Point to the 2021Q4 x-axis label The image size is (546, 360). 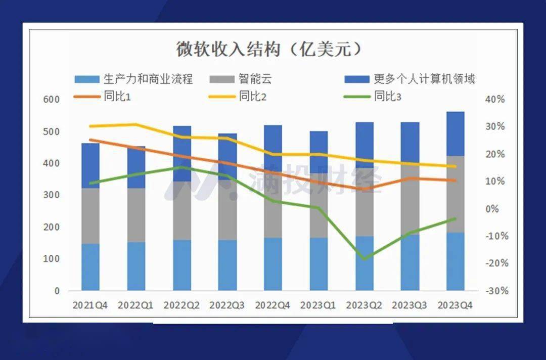point(90,305)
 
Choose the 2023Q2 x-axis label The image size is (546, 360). point(364,305)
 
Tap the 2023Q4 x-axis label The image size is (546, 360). point(455,305)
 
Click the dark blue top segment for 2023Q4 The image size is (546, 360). point(455,133)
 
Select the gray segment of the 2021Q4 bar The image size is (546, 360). point(90,216)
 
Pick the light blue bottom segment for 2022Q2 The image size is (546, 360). point(182,265)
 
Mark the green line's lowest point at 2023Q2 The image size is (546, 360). point(364,259)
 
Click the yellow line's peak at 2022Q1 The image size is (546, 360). point(136,124)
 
